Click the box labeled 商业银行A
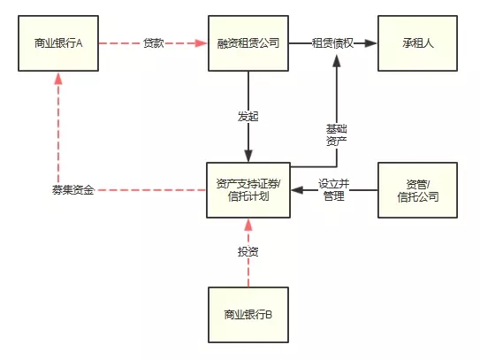(x=58, y=43)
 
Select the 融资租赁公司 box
(x=248, y=43)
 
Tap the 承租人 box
(x=417, y=43)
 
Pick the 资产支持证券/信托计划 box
(x=248, y=190)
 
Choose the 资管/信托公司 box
(x=417, y=190)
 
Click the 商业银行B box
(x=248, y=315)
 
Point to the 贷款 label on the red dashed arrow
(x=153, y=43)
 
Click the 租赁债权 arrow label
(x=332, y=43)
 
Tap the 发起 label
(x=248, y=117)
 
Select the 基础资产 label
(x=337, y=134)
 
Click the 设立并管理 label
(x=334, y=190)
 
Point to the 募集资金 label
(x=72, y=190)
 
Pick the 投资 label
(x=248, y=251)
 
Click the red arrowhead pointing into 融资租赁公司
(x=202, y=43)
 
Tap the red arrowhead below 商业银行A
(x=58, y=78)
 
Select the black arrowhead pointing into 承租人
(x=371, y=43)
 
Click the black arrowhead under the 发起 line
(x=248, y=156)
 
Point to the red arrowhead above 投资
(x=248, y=225)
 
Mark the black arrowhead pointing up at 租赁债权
(x=337, y=61)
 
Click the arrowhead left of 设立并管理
(x=297, y=190)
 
